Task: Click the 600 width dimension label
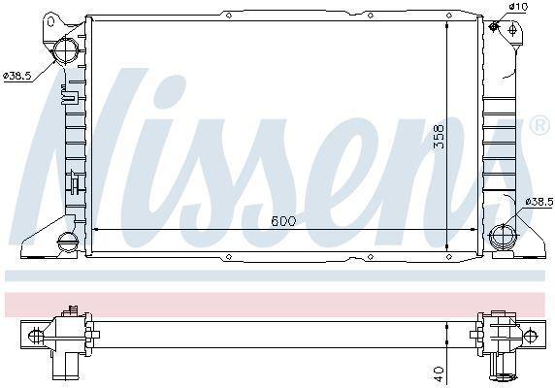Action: (x=282, y=221)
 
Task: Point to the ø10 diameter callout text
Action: (x=518, y=8)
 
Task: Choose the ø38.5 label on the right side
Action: (x=538, y=201)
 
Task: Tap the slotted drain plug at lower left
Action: (x=68, y=242)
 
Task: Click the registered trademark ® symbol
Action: (x=539, y=126)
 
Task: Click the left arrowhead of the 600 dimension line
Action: (x=94, y=231)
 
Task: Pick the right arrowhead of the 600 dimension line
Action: (x=474, y=231)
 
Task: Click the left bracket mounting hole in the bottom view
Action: (x=36, y=336)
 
